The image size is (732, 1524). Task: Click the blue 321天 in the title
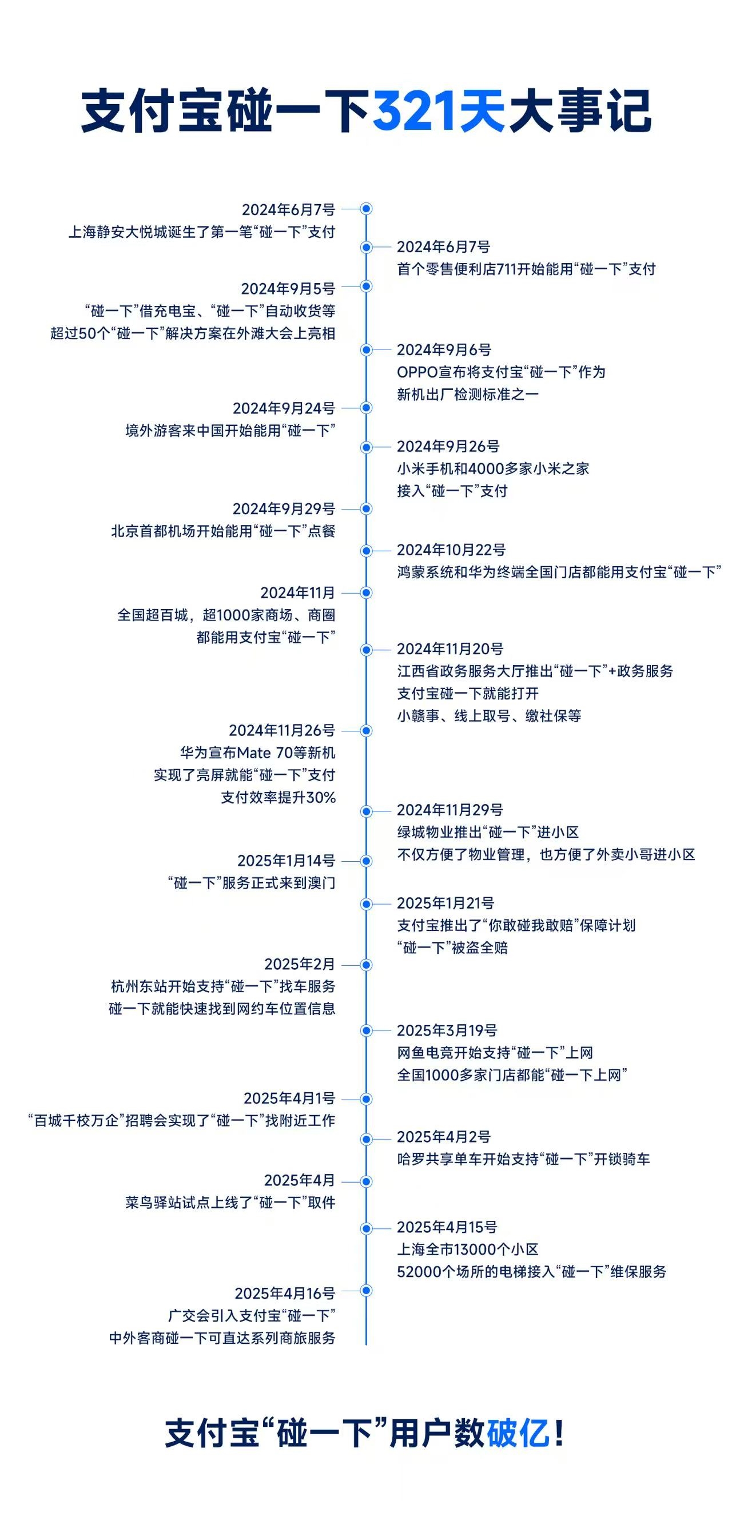438,111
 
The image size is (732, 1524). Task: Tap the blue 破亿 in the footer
518,1433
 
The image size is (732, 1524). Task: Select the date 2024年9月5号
288,289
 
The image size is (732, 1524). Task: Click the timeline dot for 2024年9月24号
367,408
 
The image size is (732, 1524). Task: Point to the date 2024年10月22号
451,550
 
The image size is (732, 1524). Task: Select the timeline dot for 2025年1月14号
367,861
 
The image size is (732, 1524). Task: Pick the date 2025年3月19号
447,1030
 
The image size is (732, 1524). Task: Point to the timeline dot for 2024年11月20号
367,650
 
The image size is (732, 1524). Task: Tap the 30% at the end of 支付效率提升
321,798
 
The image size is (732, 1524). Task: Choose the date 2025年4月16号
285,1294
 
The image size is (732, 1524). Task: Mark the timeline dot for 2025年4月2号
367,1139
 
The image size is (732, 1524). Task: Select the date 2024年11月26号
282,731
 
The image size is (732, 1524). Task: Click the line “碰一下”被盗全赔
452,948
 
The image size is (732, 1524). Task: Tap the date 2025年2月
300,964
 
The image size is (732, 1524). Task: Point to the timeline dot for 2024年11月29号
367,811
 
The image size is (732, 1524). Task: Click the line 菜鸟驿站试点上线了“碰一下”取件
230,1203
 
